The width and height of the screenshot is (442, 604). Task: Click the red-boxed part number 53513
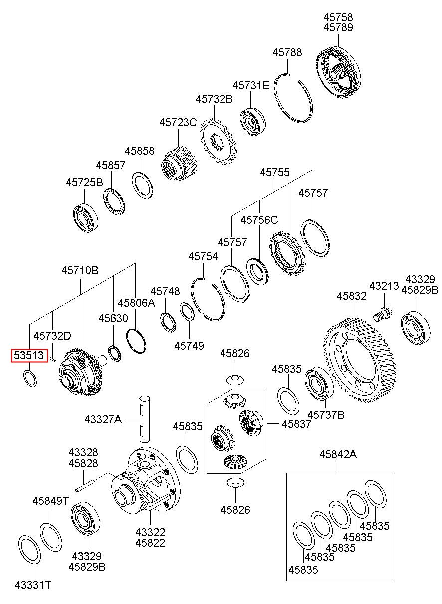pyautogui.click(x=29, y=356)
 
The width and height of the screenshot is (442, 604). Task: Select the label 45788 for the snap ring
pyautogui.click(x=287, y=52)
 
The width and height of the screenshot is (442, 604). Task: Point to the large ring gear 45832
pyautogui.click(x=359, y=360)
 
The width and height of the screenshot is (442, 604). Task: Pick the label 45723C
pyautogui.click(x=178, y=122)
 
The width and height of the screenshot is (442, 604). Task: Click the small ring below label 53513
pyautogui.click(x=30, y=378)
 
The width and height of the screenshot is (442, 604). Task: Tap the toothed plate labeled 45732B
pyautogui.click(x=218, y=142)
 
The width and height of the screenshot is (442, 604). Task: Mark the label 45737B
pyautogui.click(x=326, y=415)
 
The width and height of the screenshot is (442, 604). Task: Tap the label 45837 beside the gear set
pyautogui.click(x=297, y=424)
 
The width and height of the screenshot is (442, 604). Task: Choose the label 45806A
pyautogui.click(x=137, y=303)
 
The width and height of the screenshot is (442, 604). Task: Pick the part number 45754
pyautogui.click(x=203, y=256)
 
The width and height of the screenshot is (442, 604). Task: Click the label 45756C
pyautogui.click(x=259, y=220)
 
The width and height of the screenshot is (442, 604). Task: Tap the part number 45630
pyautogui.click(x=113, y=318)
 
